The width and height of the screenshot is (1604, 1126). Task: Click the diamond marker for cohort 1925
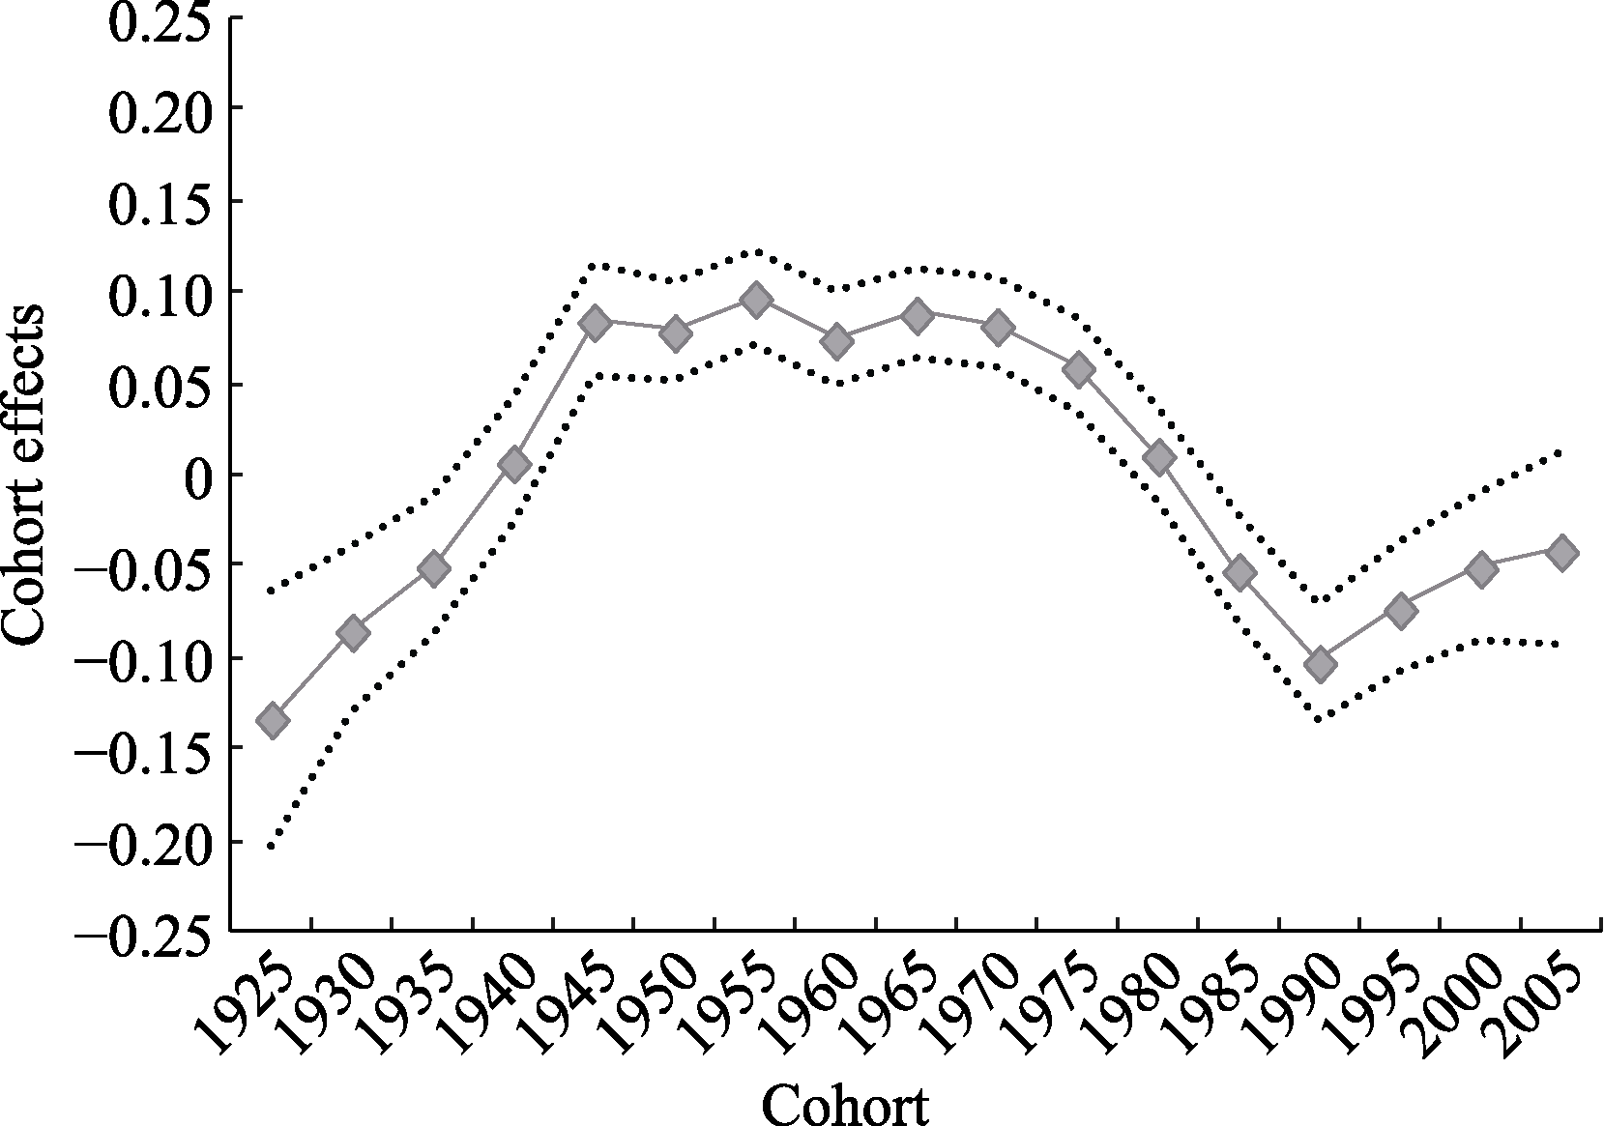[x=273, y=720]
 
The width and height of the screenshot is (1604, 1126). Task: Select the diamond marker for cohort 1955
[x=756, y=300]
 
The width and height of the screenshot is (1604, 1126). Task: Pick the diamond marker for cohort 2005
[x=1561, y=553]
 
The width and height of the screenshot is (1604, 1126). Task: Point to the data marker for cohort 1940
[x=514, y=465]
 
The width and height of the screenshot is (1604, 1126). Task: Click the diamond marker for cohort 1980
[x=1158, y=458]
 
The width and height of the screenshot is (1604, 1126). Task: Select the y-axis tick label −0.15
[x=144, y=750]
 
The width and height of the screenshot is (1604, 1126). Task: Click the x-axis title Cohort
[x=845, y=1103]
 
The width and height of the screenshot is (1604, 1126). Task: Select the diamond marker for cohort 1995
[x=1400, y=610]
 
